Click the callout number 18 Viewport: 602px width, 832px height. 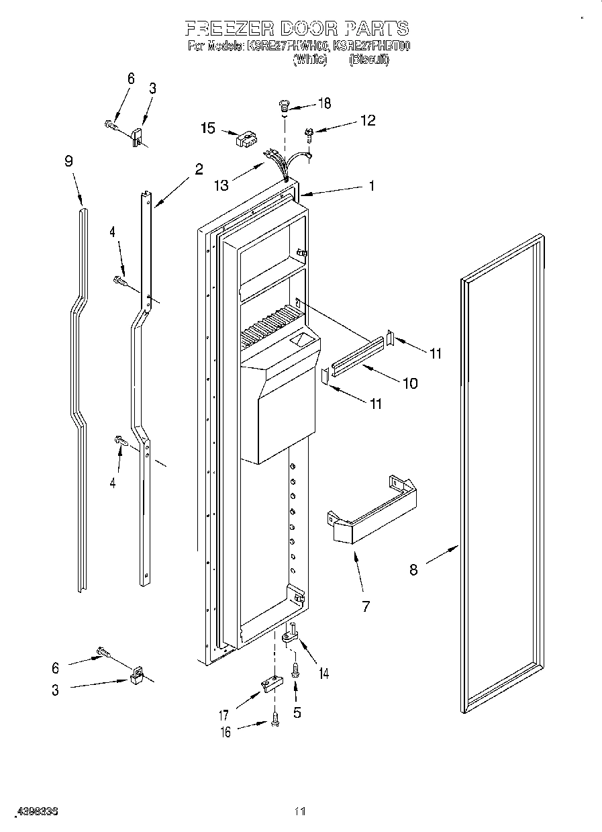(x=324, y=103)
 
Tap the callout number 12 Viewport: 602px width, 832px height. (x=367, y=120)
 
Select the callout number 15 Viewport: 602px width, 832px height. (x=208, y=128)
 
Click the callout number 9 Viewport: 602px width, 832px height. (x=68, y=161)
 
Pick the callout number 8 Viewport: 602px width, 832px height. (x=413, y=570)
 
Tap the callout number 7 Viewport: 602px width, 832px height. (x=365, y=606)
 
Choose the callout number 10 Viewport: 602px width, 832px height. (x=409, y=383)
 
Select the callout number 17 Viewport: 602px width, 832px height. (x=223, y=716)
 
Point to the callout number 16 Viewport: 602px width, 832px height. (x=226, y=732)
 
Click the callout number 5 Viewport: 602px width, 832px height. (x=297, y=712)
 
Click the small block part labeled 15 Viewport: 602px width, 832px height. (x=246, y=140)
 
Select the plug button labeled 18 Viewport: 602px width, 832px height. (x=285, y=104)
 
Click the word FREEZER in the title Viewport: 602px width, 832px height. (x=229, y=28)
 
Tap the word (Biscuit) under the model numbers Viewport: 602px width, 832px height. (x=368, y=60)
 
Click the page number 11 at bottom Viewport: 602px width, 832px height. (x=300, y=812)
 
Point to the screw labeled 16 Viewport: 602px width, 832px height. (x=274, y=720)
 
